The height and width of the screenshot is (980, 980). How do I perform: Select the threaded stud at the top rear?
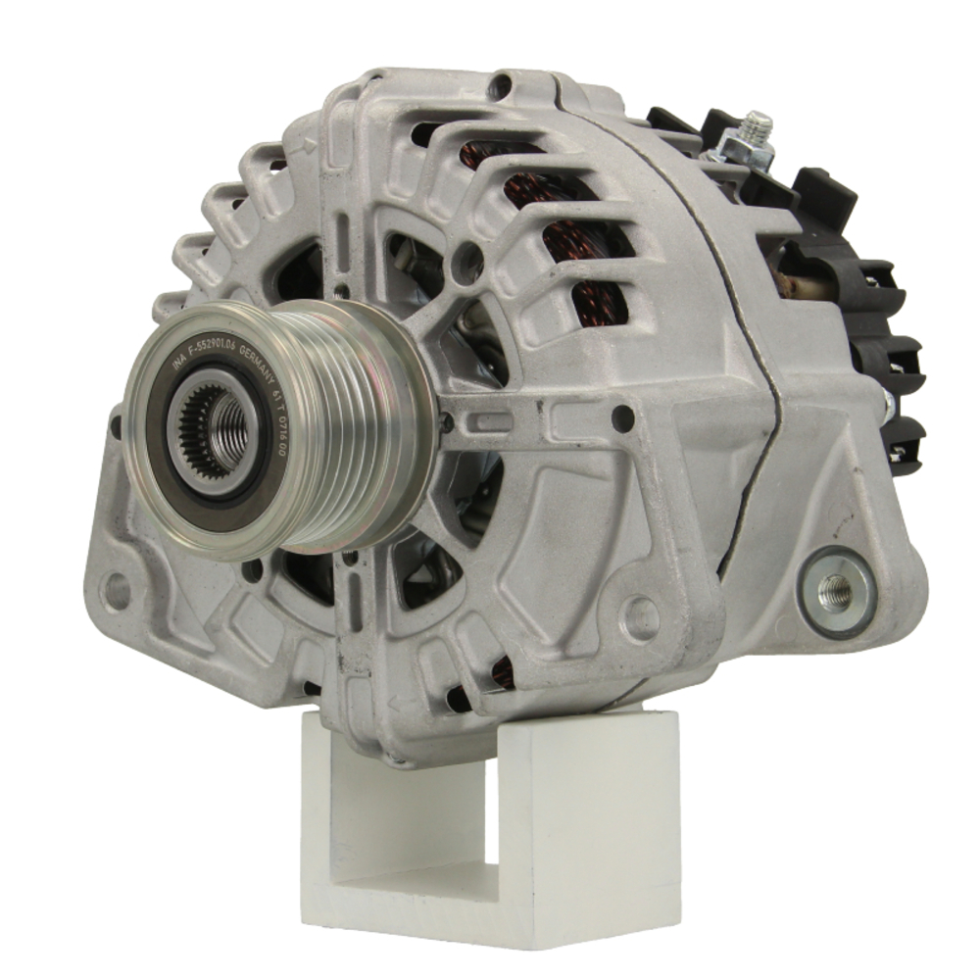pos(756,128)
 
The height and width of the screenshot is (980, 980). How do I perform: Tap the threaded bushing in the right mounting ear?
pos(836,590)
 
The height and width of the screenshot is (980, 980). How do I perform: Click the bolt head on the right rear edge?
pos(886,403)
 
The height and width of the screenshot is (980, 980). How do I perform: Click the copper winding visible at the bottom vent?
pos(502,671)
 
